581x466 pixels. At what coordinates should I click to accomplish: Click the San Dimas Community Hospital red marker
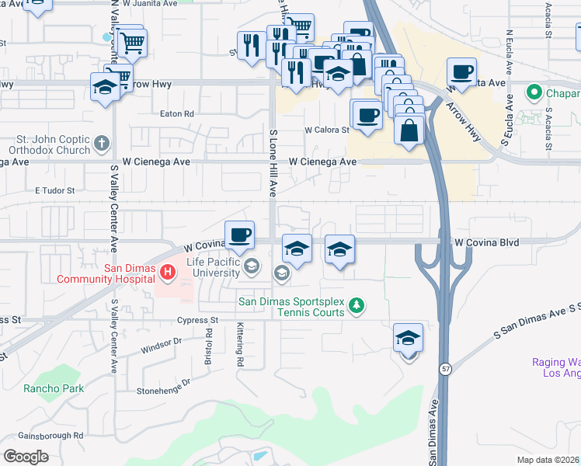coord(167,273)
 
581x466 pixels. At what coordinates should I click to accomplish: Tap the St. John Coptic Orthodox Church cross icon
coord(102,144)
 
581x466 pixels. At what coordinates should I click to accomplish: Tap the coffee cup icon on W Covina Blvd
coord(239,234)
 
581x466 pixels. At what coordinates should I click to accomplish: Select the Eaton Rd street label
coord(176,113)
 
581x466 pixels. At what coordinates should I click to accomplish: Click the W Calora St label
coord(327,130)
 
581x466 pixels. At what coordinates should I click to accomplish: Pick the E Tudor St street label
coord(53,190)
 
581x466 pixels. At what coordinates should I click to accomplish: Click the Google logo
coord(26,456)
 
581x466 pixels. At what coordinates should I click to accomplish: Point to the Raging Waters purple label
coord(555,367)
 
